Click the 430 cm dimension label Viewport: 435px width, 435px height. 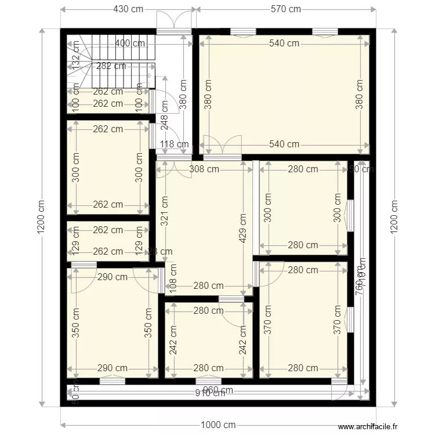(x=128, y=9)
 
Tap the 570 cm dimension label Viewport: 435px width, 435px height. (x=287, y=9)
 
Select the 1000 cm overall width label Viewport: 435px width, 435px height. (x=218, y=425)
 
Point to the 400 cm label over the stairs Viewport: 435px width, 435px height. (x=130, y=43)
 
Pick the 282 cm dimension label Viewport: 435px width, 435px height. (x=111, y=66)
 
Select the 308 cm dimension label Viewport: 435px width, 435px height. (x=204, y=169)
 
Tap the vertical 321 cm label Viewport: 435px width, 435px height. (x=164, y=210)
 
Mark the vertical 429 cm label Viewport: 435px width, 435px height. (x=242, y=227)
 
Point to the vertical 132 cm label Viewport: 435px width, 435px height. (x=76, y=57)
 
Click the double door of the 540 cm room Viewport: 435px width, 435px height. (x=222, y=148)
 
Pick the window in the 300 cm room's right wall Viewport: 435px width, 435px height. (x=350, y=216)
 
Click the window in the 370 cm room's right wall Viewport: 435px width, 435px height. (x=350, y=320)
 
